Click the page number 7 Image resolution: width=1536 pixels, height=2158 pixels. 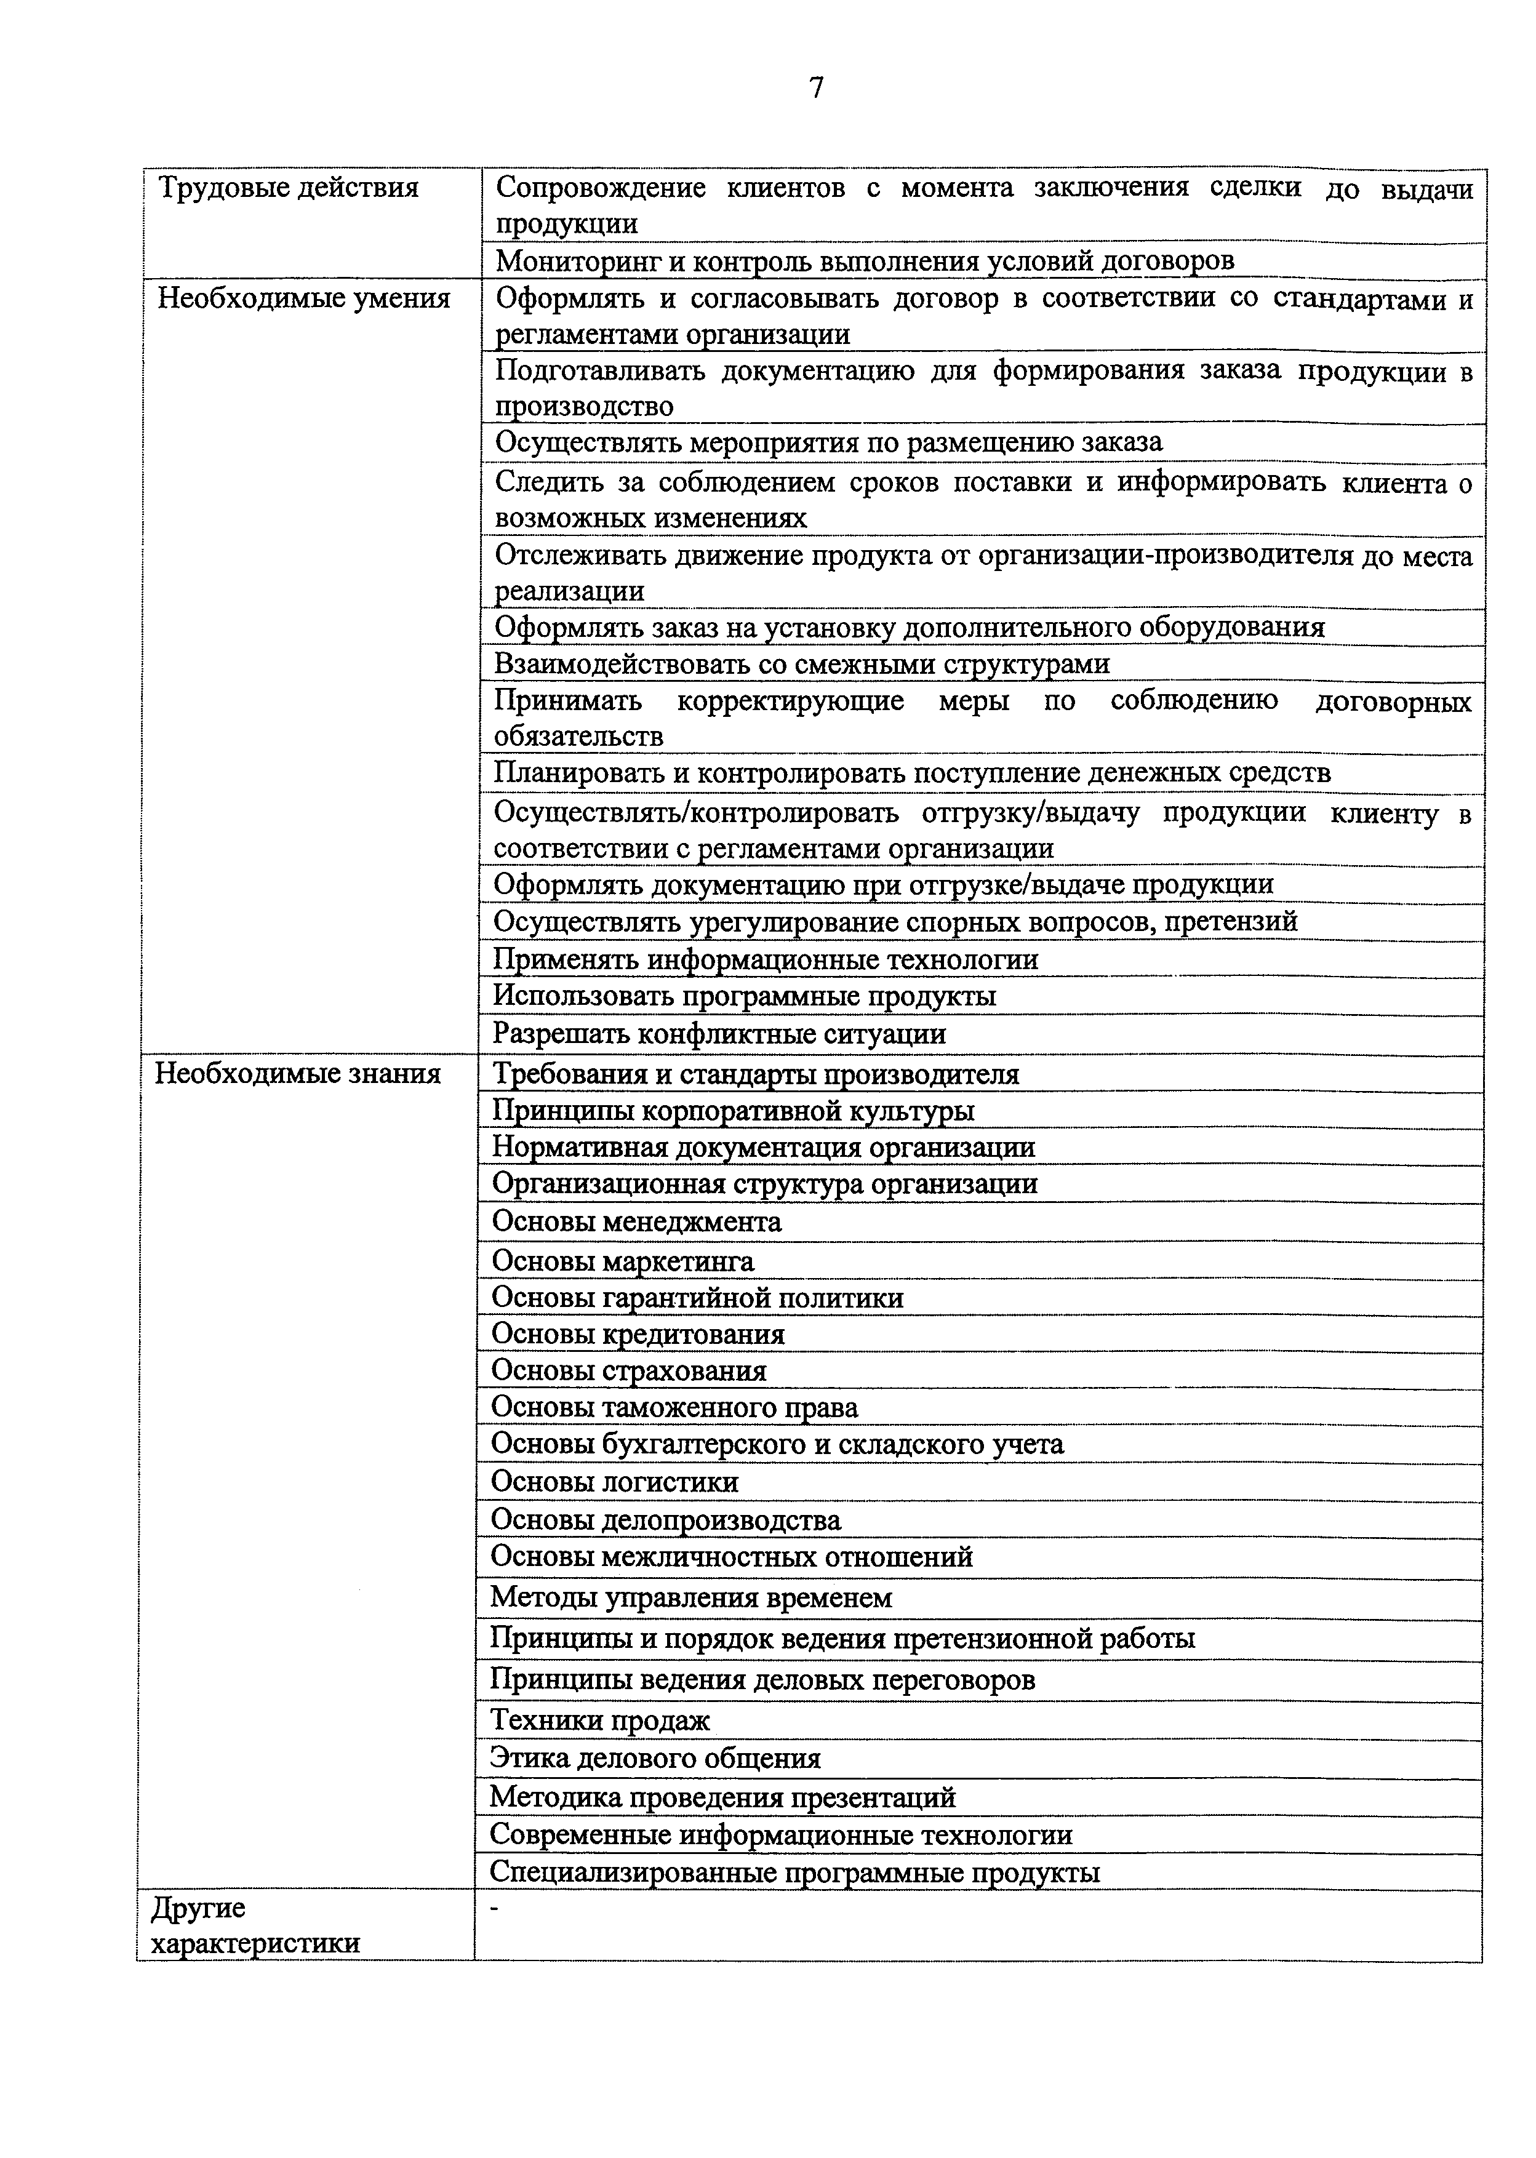tap(816, 88)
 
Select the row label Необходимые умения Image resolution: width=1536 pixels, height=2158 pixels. tap(303, 299)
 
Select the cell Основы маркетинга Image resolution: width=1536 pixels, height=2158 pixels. tap(622, 1261)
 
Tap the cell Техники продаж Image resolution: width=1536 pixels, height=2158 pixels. tap(599, 1720)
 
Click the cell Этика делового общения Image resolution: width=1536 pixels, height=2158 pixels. tap(655, 1758)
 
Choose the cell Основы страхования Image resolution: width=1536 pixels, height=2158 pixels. tap(628, 1371)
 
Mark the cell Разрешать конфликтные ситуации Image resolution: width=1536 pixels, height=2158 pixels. tap(719, 1034)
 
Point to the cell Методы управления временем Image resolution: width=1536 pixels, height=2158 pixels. tap(690, 1598)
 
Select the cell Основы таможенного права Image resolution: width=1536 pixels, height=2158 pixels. tap(673, 1408)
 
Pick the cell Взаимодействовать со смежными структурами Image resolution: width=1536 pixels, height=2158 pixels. tap(801, 665)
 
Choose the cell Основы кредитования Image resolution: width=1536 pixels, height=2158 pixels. tap(638, 1334)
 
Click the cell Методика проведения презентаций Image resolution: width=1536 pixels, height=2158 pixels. tap(722, 1797)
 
